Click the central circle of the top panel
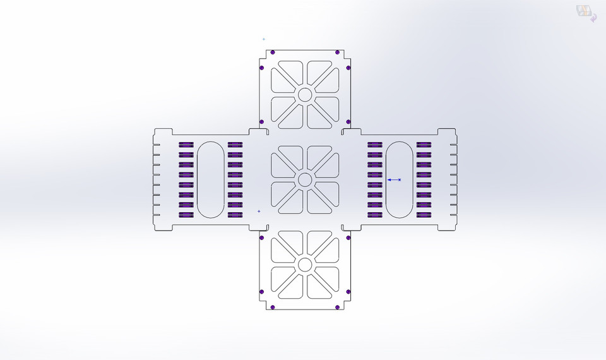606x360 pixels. pos(305,95)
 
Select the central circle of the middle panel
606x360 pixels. pos(305,179)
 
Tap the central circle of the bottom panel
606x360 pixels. pos(305,264)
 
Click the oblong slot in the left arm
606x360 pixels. pos(210,179)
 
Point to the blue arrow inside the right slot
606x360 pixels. pos(394,180)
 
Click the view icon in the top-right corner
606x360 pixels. pos(586,13)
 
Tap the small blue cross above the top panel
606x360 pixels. pos(264,39)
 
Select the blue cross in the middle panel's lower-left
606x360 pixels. pos(259,211)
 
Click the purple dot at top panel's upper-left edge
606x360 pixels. pos(273,52)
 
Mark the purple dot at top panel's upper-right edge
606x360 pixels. pos(337,52)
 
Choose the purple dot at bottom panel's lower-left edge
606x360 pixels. pos(273,308)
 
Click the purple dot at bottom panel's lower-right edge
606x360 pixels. pos(337,308)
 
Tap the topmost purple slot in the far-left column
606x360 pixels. pos(186,145)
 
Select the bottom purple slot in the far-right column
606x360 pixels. pos(424,215)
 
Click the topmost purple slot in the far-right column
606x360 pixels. pos(424,145)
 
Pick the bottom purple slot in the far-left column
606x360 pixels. pos(186,215)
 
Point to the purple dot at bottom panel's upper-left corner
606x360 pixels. pos(261,238)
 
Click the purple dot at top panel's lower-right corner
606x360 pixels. pos(348,121)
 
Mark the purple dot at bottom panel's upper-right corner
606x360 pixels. pos(348,238)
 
